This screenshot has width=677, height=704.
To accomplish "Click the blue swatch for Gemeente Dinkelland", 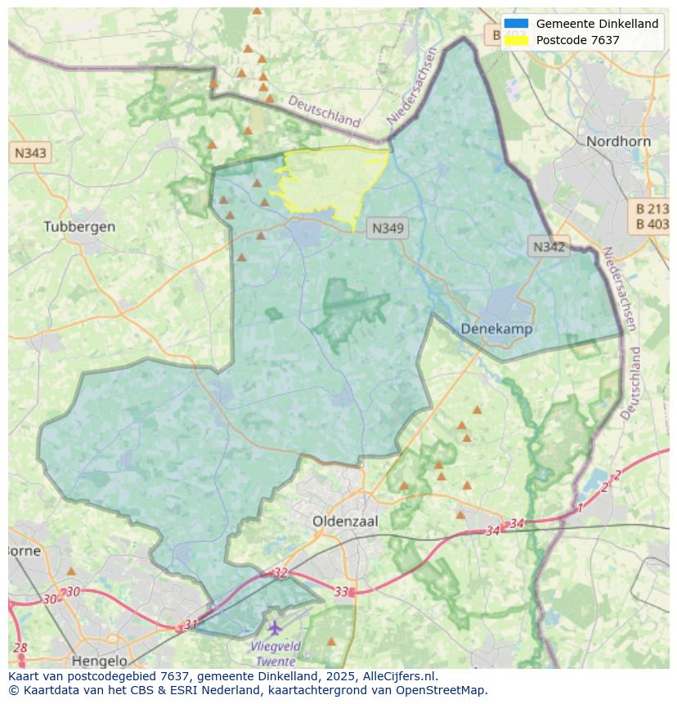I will pyautogui.click(x=517, y=24).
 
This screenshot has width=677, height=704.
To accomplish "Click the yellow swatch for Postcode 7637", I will pyautogui.click(x=517, y=39).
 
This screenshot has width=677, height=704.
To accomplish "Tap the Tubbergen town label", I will pyautogui.click(x=79, y=226).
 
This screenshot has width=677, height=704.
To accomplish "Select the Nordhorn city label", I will pyautogui.click(x=618, y=141).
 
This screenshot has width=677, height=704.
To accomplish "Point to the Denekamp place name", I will pyautogui.click(x=496, y=329).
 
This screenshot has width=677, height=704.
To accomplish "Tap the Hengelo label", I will pyautogui.click(x=100, y=661).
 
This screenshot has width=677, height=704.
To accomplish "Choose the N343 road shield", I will pyautogui.click(x=30, y=153).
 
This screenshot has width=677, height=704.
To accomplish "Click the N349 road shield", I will pyautogui.click(x=388, y=229).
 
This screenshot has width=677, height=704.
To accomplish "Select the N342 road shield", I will pyautogui.click(x=549, y=247).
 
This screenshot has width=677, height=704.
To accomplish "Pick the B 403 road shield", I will pyautogui.click(x=652, y=224).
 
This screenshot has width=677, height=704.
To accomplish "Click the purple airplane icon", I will pyautogui.click(x=275, y=628).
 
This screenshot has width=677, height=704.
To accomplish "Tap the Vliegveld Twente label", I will pyautogui.click(x=276, y=653).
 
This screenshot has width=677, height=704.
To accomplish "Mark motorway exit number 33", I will pyautogui.click(x=342, y=591).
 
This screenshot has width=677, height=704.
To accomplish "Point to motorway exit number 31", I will pyautogui.click(x=191, y=625).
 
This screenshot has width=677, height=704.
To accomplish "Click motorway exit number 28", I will pyautogui.click(x=20, y=648).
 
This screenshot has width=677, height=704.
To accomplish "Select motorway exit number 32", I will pyautogui.click(x=280, y=573).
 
